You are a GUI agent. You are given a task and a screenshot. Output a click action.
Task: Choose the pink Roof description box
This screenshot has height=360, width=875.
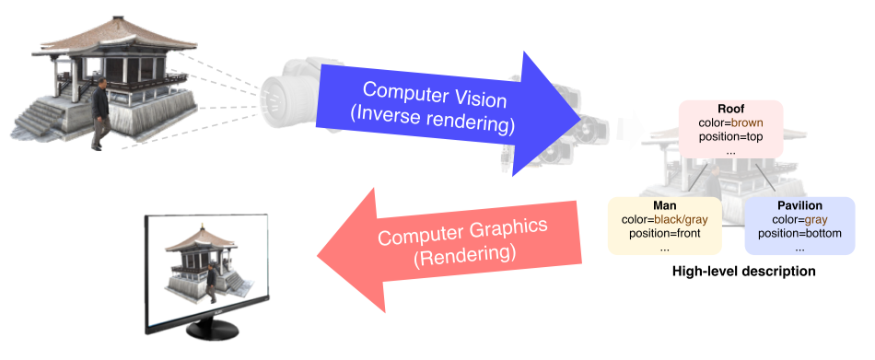731,128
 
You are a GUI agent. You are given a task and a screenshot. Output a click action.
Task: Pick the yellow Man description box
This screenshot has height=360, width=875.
665,226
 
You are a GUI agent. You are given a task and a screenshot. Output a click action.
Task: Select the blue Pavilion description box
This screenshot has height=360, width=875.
799,226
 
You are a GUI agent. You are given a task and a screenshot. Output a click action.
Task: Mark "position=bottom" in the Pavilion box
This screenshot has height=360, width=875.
799,233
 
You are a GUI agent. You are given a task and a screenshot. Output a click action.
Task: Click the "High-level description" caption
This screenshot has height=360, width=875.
743,272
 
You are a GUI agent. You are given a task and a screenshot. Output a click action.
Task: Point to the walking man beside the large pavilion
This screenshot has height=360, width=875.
99,114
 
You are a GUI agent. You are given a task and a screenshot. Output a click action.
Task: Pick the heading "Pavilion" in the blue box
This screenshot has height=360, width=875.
799,206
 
